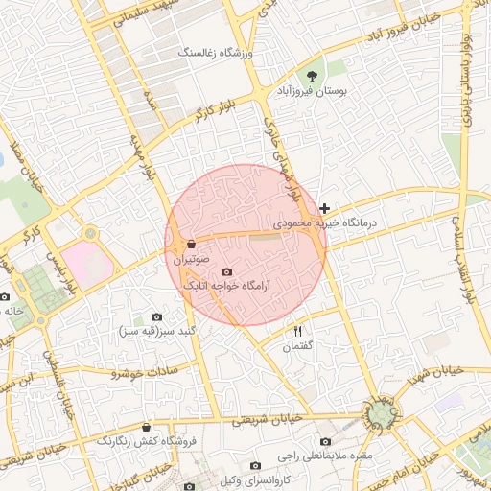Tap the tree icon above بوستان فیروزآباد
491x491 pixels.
311,73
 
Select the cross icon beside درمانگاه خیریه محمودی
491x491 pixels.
325,208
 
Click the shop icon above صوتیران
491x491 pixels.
192,244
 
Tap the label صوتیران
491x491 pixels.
192,259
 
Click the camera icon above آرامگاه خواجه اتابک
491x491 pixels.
226,271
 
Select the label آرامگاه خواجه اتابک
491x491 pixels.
226,285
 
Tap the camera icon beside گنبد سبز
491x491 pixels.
157,317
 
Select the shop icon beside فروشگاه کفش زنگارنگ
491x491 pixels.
146,428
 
